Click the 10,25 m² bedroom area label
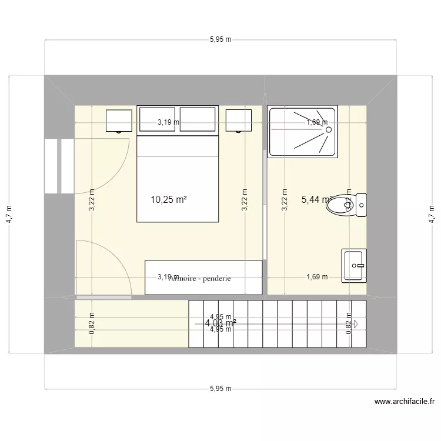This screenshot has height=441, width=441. point(168,200)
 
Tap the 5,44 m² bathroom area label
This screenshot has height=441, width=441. point(316,200)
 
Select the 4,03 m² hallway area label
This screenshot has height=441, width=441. point(220,322)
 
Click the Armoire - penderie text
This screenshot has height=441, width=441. point(199,279)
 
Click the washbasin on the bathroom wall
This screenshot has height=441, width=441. point(355,265)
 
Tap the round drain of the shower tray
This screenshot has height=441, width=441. point(329,129)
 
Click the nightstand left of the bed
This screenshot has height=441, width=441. point(118,121)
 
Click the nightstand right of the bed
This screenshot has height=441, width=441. point(239,121)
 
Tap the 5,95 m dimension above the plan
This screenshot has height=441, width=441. point(220,40)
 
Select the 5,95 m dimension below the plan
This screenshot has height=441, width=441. point(220,389)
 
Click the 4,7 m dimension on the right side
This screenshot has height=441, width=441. point(432,215)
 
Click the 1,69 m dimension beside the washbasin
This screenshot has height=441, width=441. point(317,277)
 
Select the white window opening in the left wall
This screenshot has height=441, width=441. point(59,166)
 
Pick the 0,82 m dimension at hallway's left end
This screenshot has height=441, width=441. point(91,326)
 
